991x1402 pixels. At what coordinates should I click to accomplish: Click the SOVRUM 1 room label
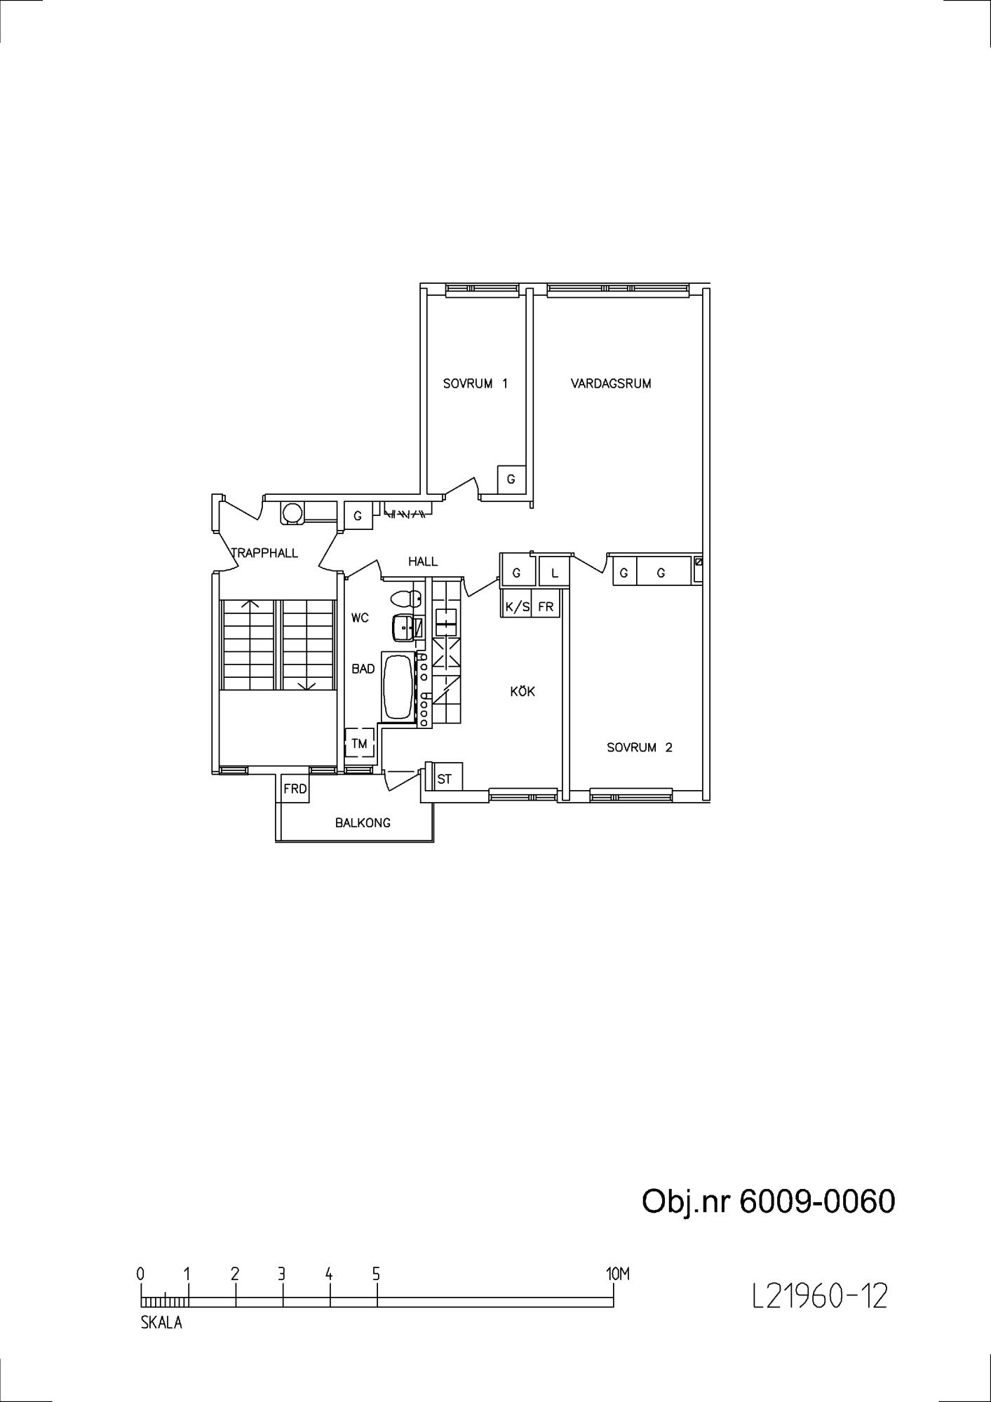[475, 383]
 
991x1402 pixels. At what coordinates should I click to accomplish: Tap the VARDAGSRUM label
[611, 383]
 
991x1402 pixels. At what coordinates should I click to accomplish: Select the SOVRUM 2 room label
[639, 747]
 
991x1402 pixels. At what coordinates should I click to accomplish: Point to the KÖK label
[523, 691]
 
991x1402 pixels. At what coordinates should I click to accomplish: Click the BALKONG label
[363, 822]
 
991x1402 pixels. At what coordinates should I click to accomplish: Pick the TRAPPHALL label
[265, 553]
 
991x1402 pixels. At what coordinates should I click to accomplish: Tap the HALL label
[423, 562]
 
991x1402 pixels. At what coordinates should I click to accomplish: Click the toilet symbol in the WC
[406, 599]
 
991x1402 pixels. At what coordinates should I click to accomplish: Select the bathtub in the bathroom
[399, 687]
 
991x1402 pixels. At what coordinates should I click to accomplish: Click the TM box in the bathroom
[359, 744]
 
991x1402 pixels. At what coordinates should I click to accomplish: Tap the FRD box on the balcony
[295, 789]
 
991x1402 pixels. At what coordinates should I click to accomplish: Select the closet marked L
[554, 571]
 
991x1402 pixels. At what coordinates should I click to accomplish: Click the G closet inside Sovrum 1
[511, 479]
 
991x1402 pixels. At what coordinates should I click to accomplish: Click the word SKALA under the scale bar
[161, 1323]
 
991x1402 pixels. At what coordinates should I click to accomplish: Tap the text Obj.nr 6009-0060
[769, 1201]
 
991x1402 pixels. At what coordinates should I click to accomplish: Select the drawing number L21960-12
[820, 1296]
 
